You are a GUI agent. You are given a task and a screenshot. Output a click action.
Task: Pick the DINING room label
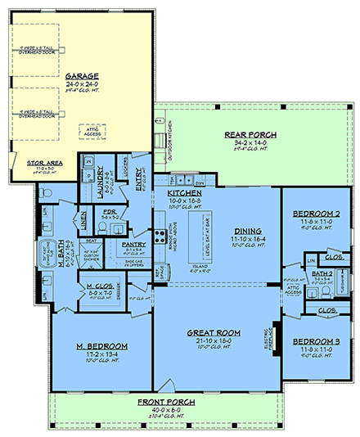click(x=246, y=230)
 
